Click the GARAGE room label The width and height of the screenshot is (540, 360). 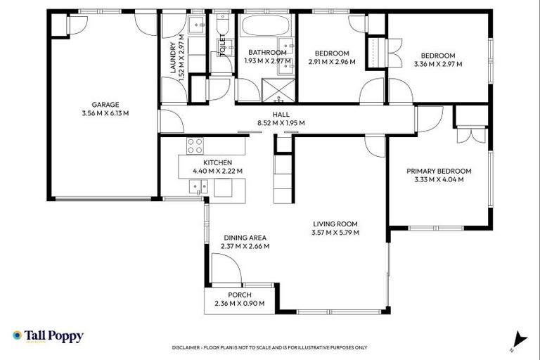click(105, 104)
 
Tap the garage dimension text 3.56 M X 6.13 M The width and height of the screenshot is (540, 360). click(105, 112)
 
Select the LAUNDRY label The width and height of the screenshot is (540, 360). click(172, 52)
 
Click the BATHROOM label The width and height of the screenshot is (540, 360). click(267, 53)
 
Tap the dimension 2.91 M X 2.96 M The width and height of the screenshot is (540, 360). click(332, 62)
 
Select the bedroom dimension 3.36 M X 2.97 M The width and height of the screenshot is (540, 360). click(437, 64)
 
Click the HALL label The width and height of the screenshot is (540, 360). click(281, 114)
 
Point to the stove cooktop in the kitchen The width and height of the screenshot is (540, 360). click(195, 146)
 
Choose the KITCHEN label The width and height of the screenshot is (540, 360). click(218, 162)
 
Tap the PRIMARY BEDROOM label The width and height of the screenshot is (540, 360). click(439, 171)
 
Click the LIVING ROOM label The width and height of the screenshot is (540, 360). click(336, 224)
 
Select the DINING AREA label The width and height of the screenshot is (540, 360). click(245, 238)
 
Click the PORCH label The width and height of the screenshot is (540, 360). click(239, 295)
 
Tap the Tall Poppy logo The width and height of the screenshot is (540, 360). click(48, 337)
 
